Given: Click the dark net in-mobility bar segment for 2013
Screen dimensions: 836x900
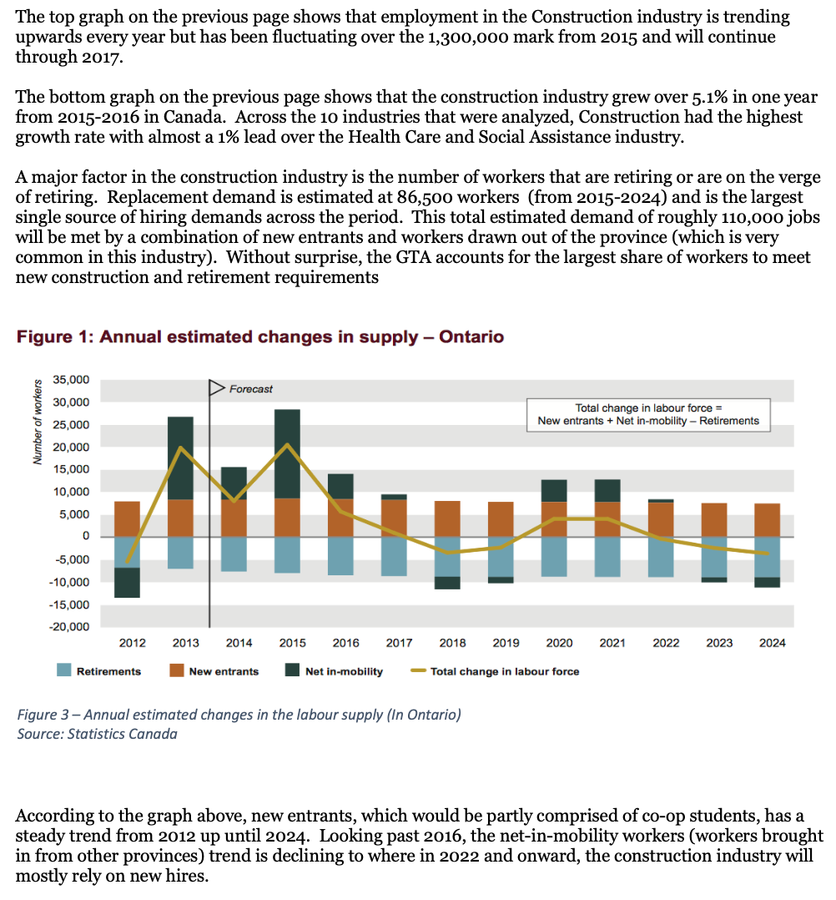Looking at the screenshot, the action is coord(180,458).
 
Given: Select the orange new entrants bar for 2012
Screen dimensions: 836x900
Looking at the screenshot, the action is coord(127,519).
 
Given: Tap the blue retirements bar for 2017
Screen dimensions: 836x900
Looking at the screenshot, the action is coord(394,556).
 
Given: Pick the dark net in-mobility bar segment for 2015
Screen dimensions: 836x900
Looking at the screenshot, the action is coord(287,454).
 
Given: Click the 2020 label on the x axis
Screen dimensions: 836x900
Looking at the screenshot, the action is coord(559,643).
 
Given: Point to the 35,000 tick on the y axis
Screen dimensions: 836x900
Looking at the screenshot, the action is coord(71,379).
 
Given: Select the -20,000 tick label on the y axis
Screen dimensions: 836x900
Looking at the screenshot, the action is coord(69,627).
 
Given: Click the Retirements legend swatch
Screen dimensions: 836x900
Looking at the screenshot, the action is coord(63,670).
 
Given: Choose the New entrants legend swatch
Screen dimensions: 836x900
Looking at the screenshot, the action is coord(177,670).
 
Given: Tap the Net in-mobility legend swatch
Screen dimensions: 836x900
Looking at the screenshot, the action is coord(292,670).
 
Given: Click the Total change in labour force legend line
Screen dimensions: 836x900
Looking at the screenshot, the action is coord(419,671).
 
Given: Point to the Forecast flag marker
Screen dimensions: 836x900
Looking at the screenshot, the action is coord(216,388).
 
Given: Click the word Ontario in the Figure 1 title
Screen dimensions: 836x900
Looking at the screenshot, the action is coord(471,336).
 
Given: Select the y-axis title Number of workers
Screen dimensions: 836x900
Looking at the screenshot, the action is coord(38,422).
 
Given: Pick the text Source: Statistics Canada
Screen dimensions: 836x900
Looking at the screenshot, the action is coord(97,734).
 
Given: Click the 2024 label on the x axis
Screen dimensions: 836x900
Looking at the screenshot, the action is coord(773,643).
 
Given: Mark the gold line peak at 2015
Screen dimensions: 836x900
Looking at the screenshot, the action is coord(287,444).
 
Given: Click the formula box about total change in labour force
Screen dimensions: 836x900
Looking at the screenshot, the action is coord(648,414).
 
